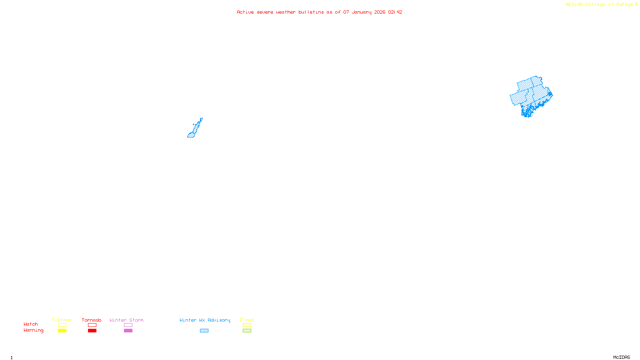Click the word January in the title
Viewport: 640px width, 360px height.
(361, 12)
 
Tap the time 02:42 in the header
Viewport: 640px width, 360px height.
(395, 12)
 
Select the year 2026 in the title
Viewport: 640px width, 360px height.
(380, 12)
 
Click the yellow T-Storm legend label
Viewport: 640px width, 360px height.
(62, 320)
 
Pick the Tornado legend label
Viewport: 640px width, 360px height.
(92, 320)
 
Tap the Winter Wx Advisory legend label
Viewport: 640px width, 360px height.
(205, 320)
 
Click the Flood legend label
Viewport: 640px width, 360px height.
(247, 320)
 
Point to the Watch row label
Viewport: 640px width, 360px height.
(31, 324)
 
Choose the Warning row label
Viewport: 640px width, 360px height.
(33, 330)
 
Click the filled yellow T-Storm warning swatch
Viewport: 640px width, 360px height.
(62, 331)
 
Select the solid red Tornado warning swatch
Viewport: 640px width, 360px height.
(92, 331)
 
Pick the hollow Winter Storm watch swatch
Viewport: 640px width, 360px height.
(128, 325)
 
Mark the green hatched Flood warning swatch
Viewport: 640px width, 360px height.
(247, 331)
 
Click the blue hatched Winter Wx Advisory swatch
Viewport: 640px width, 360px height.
(204, 331)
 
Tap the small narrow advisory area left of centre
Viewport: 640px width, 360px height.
(194, 130)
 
